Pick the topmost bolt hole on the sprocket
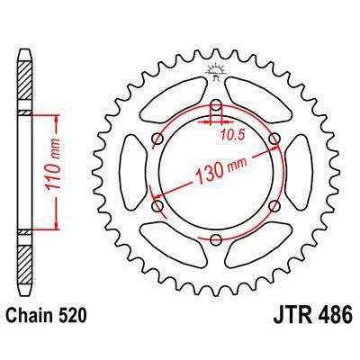(x=217, y=103)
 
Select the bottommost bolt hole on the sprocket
(x=217, y=238)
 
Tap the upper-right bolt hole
(x=275, y=138)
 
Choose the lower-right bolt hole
(x=275, y=205)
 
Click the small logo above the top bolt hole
(x=217, y=71)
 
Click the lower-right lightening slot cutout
(x=259, y=244)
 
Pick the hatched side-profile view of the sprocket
(x=25, y=171)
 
